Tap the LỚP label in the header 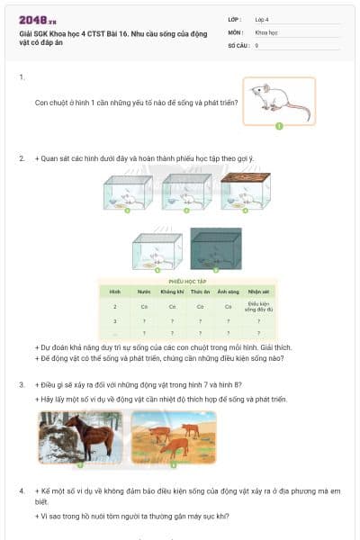pyautogui.click(x=235, y=19)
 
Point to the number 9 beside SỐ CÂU pyautogui.click(x=257, y=44)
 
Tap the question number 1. pyautogui.click(x=22, y=78)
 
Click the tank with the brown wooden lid pyautogui.click(x=238, y=192)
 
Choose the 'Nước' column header pyautogui.click(x=143, y=292)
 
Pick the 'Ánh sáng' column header pyautogui.click(x=227, y=292)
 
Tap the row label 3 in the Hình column pyautogui.click(x=115, y=320)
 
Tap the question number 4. pyautogui.click(x=22, y=490)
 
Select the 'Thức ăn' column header pyautogui.click(x=200, y=292)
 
